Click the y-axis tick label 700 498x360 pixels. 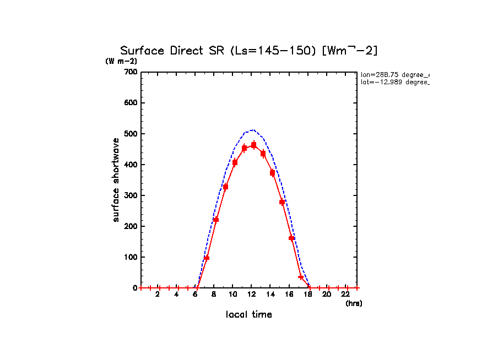point(130,72)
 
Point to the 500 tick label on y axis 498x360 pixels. point(130,134)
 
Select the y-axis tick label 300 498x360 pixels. point(130,195)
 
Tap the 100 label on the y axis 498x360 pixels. point(130,257)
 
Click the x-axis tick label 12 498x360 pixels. point(251,294)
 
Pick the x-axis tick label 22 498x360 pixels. point(345,294)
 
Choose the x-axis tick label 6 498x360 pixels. point(195,294)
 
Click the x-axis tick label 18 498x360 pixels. point(308,294)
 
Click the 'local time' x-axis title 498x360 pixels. point(248,314)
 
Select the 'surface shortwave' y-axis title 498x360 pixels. point(116,180)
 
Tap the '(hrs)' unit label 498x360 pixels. point(354,303)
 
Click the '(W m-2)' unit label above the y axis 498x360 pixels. point(121,61)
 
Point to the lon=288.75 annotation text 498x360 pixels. point(394,74)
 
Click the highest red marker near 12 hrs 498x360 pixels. point(253,145)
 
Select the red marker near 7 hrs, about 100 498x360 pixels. point(207,258)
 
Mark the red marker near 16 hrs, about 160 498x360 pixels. point(291,238)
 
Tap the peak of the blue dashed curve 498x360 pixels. point(252,130)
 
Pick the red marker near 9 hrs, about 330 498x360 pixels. point(225,187)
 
